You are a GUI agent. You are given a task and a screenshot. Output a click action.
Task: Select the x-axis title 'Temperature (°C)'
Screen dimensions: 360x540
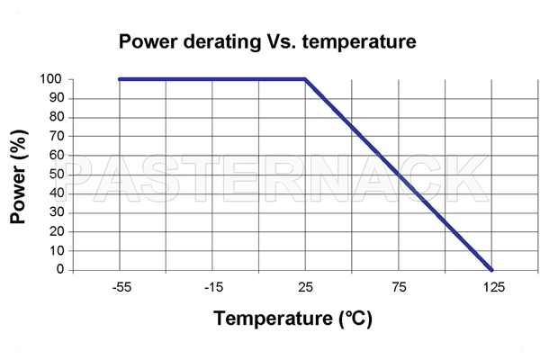[293, 319]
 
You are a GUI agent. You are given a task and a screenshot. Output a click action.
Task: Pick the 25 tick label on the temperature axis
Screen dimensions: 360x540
[306, 287]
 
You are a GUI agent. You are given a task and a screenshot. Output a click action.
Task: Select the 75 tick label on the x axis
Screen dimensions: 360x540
[399, 287]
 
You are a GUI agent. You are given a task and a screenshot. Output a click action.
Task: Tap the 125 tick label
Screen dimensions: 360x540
[492, 287]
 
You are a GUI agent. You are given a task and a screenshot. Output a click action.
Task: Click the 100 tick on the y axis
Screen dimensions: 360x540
[50, 79]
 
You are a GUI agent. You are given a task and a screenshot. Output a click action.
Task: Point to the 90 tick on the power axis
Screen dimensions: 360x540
[54, 98]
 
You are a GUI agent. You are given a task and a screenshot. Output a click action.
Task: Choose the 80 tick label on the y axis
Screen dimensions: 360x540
[54, 117]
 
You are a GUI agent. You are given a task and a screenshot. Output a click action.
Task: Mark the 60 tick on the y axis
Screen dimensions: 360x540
[54, 155]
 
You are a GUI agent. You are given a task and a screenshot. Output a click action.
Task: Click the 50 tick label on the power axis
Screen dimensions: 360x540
[54, 174]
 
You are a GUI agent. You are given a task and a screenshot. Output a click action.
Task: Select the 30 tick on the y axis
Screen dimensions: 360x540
[54, 212]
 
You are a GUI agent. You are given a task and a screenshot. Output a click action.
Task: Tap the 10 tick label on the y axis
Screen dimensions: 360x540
[54, 250]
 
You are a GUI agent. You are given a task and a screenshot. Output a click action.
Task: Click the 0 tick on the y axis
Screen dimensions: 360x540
[58, 269]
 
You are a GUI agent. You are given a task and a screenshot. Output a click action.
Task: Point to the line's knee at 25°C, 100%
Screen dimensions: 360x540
[306, 79]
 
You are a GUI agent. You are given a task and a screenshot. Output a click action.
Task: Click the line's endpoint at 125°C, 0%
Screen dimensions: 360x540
[491, 269]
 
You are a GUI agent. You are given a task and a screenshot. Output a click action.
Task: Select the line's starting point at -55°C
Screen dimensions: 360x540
[120, 79]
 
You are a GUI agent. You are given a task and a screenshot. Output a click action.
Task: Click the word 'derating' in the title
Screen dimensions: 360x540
[218, 41]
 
